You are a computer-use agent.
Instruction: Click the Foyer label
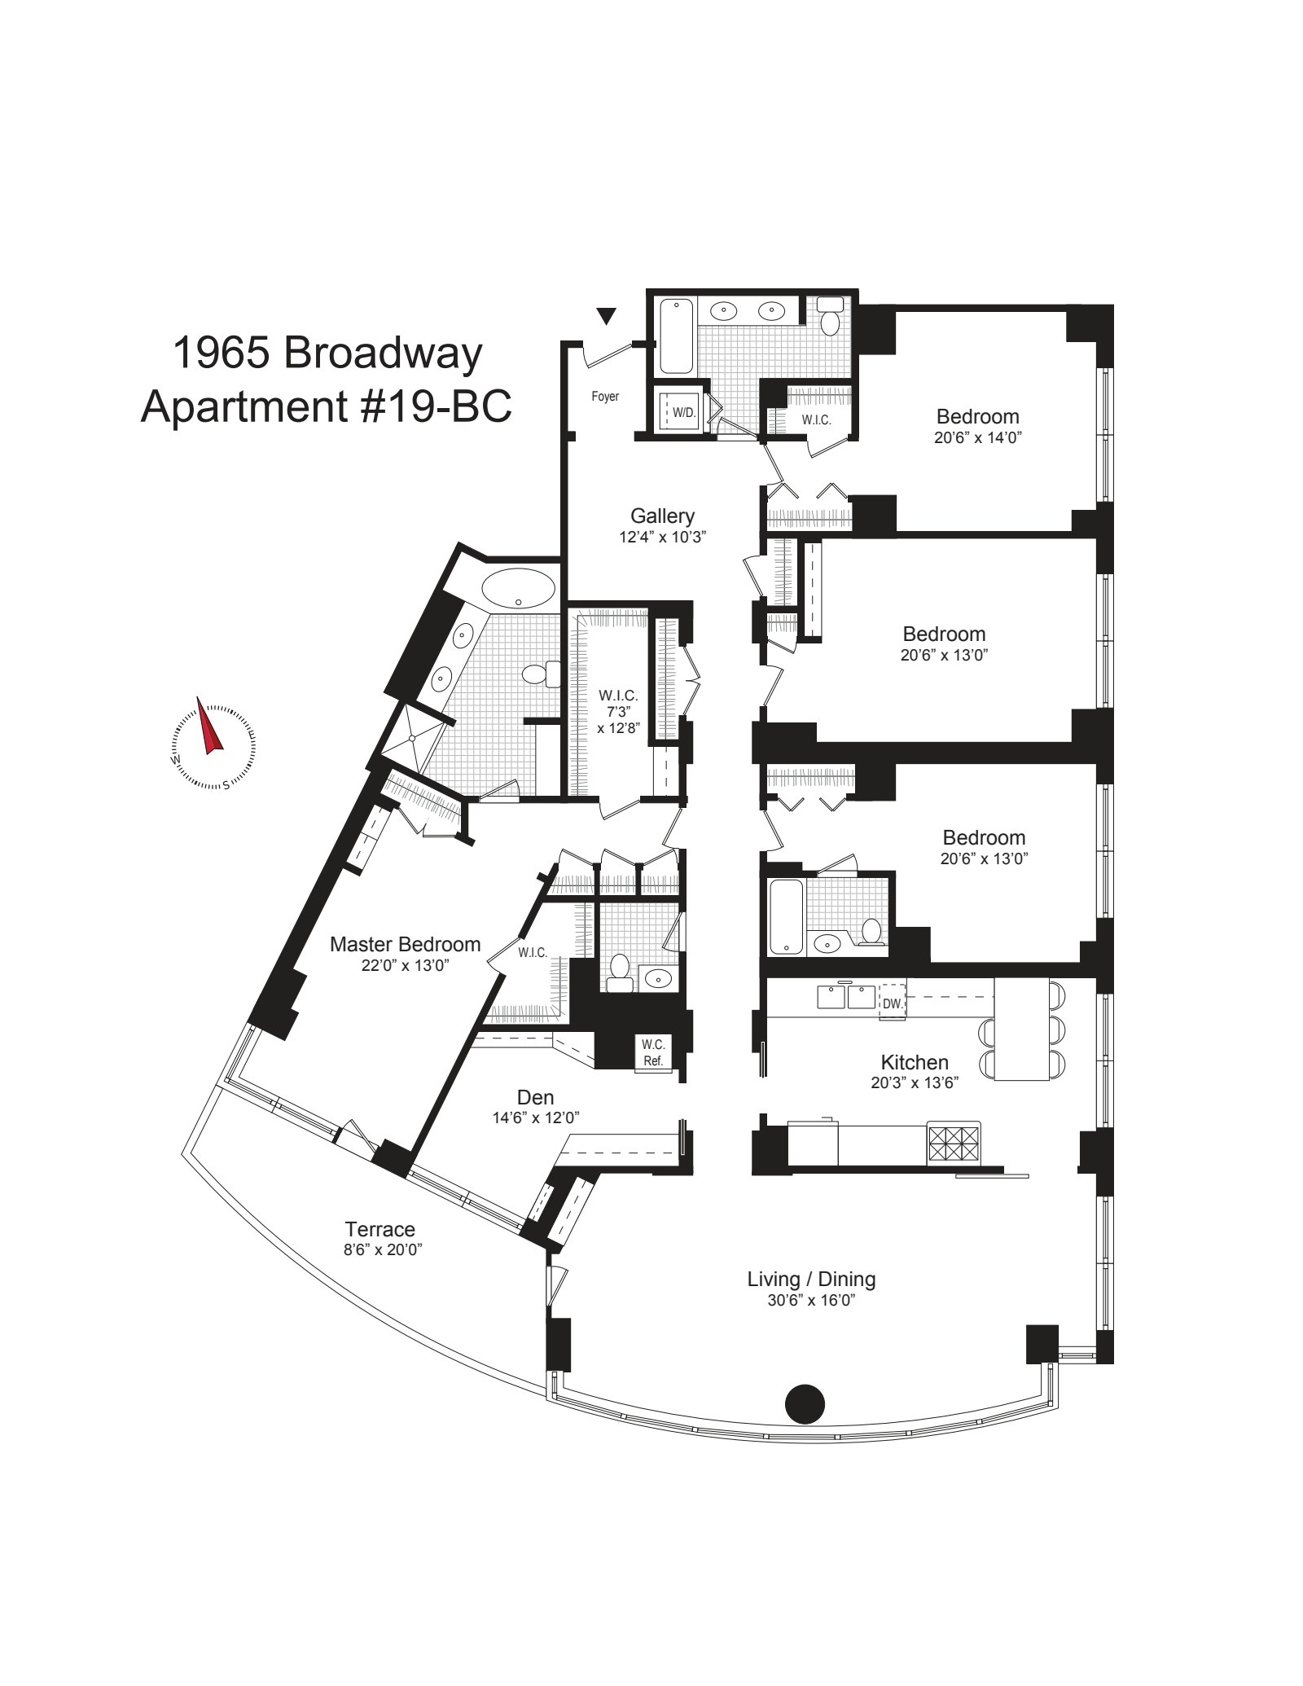tap(605, 397)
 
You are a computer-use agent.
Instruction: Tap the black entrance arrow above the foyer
tap(605, 316)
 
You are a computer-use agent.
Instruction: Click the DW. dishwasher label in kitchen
tap(893, 1003)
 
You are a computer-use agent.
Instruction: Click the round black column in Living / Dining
tap(805, 1403)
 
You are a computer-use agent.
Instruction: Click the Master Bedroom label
tap(405, 944)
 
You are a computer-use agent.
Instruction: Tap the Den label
tap(535, 1097)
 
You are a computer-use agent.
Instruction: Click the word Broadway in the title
tap(383, 353)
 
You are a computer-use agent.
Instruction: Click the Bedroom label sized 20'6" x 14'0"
tap(977, 416)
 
